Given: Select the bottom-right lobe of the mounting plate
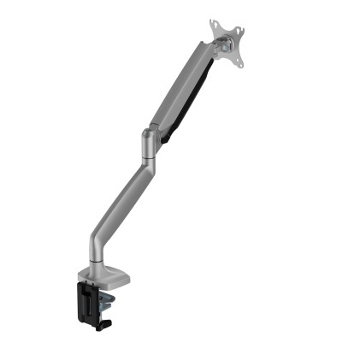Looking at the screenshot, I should click(x=240, y=63).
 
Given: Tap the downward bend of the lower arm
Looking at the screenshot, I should click(x=99, y=233).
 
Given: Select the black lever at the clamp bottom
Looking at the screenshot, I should click(x=107, y=324).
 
